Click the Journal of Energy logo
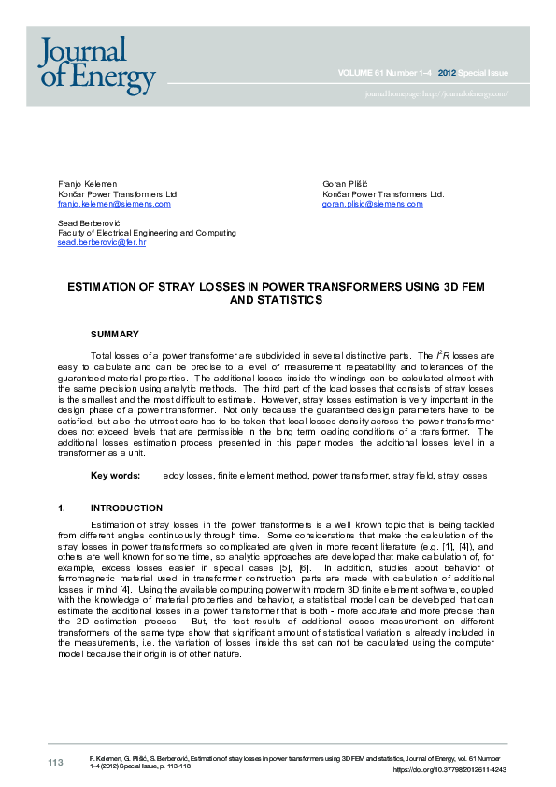[x=96, y=64]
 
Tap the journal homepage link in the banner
[x=436, y=94]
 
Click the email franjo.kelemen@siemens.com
[x=114, y=204]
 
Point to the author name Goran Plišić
[x=345, y=184]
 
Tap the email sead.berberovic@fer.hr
[x=101, y=242]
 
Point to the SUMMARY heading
[x=114, y=334]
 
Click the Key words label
[x=115, y=476]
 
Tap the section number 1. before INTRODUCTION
[x=62, y=508]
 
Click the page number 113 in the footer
[x=56, y=763]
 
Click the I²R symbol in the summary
[x=444, y=356]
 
